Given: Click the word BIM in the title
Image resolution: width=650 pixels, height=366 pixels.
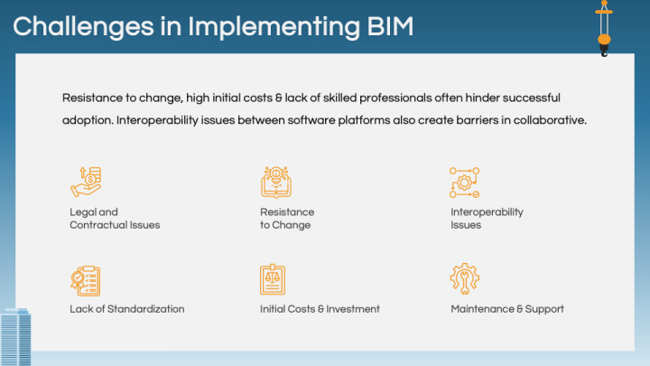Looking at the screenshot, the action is (390, 26).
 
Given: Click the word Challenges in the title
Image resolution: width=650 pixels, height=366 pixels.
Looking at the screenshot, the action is (83, 27).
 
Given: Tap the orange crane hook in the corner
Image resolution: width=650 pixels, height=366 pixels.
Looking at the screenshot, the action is (604, 28).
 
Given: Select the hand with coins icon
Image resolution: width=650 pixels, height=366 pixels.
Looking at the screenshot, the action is (86, 182).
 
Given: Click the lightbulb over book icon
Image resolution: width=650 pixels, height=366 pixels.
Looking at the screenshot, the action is (276, 183).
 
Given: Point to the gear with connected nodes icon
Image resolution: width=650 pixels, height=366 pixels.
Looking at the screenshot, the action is (464, 183).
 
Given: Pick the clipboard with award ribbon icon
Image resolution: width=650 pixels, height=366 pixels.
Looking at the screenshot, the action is (86, 281).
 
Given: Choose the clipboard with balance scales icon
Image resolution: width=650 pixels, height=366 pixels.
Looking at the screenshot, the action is (273, 279).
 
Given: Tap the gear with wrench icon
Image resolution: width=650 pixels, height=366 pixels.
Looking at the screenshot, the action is (465, 279).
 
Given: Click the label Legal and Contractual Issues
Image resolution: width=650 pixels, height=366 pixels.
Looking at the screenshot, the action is (115, 219).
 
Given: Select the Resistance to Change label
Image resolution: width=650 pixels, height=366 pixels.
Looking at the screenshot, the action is (287, 219).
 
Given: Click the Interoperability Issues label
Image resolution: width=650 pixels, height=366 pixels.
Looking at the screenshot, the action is (487, 219).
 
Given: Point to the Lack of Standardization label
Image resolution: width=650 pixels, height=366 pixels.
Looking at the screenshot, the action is (127, 309).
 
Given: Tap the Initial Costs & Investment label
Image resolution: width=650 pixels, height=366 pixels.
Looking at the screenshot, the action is (320, 309).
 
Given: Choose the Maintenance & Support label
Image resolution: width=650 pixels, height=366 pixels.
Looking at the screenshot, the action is (507, 309).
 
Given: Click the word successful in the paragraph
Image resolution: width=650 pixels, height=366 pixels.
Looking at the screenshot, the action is (531, 98).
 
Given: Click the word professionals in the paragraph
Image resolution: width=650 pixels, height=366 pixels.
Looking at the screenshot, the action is (395, 99).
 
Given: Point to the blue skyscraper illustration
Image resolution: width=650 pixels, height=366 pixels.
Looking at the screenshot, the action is (15, 337).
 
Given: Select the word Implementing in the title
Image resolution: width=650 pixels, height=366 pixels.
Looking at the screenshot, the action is (274, 27).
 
